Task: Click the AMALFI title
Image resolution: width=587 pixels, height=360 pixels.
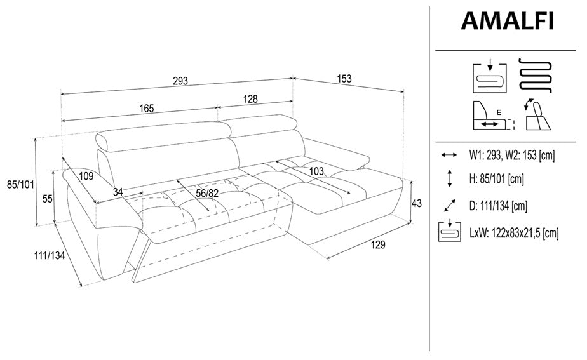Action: click(x=507, y=21)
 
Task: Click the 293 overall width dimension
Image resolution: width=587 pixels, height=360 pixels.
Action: click(x=180, y=81)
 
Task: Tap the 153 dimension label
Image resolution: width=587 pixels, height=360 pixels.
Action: click(x=344, y=79)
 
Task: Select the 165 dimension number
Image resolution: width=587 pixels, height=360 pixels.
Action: click(x=146, y=109)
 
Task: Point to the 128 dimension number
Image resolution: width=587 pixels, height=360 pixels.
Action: click(x=250, y=99)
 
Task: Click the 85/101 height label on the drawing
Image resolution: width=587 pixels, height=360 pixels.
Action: click(x=20, y=185)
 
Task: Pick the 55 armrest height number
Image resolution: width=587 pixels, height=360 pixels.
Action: click(x=47, y=199)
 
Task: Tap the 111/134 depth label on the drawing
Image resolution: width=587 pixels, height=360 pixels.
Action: click(x=50, y=256)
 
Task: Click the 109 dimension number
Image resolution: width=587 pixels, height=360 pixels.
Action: click(x=86, y=176)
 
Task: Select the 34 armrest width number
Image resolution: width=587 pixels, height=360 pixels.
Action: click(x=118, y=192)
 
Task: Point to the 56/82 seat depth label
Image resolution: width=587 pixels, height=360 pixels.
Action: click(x=207, y=193)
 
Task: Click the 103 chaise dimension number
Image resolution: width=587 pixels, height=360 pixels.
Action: click(x=317, y=171)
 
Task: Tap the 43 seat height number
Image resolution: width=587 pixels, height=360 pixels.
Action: click(x=416, y=203)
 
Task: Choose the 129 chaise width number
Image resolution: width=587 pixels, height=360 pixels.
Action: click(x=378, y=244)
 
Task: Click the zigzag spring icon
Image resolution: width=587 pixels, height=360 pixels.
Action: click(x=536, y=75)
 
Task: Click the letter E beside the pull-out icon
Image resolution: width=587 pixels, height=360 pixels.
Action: click(x=499, y=112)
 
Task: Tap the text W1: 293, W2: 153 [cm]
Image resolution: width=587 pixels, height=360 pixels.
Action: click(x=512, y=155)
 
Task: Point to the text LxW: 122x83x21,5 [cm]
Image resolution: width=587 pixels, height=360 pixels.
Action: click(x=513, y=233)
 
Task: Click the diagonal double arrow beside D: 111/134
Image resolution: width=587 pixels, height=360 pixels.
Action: click(x=449, y=206)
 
